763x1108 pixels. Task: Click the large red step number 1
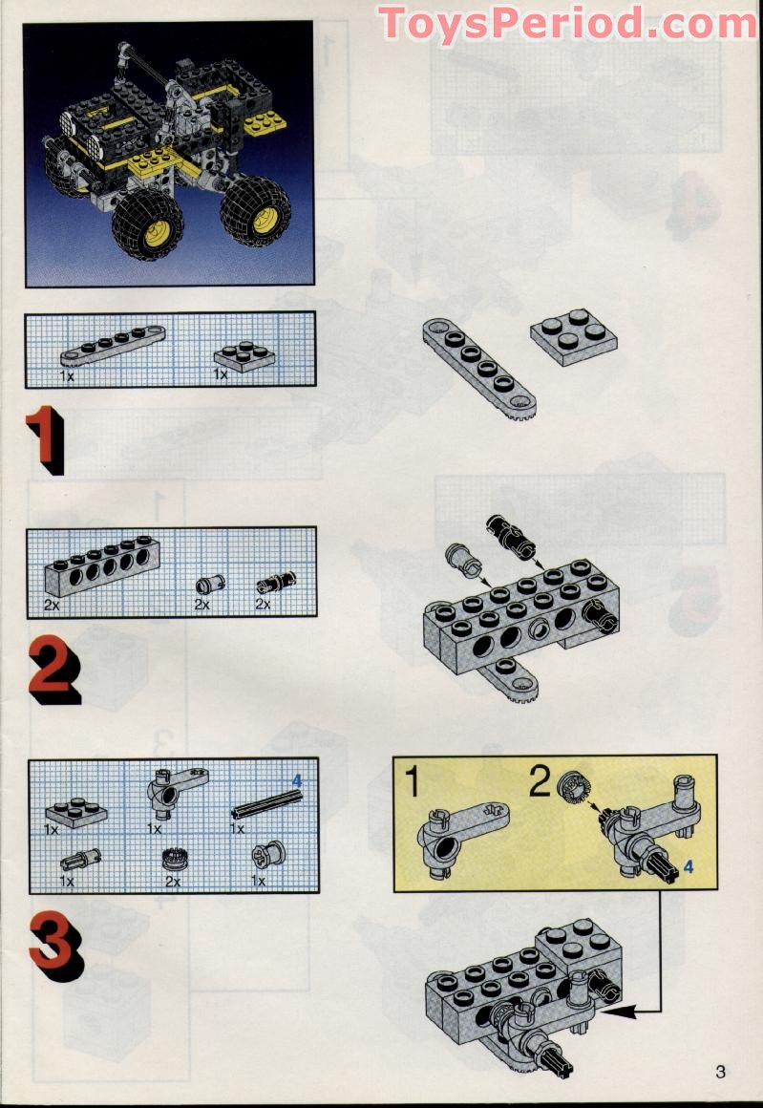click(46, 438)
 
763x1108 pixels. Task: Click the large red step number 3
click(56, 947)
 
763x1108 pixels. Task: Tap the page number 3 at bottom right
click(720, 1072)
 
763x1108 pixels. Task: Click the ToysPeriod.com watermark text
click(567, 23)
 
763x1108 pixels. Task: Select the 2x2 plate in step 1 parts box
click(244, 357)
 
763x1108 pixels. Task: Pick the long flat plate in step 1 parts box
click(113, 346)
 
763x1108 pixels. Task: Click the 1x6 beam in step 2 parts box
click(102, 565)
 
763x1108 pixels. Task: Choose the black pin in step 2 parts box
click(276, 583)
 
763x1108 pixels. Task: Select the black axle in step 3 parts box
click(266, 805)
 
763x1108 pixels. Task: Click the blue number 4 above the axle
click(297, 780)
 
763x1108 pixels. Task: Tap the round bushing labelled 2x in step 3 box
click(173, 860)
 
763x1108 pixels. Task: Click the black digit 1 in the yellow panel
click(413, 783)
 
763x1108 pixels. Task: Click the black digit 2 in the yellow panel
click(540, 782)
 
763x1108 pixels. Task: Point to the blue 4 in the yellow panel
click(689, 865)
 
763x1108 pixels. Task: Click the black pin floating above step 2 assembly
click(511, 538)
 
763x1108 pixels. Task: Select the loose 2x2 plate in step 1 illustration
click(574, 337)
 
